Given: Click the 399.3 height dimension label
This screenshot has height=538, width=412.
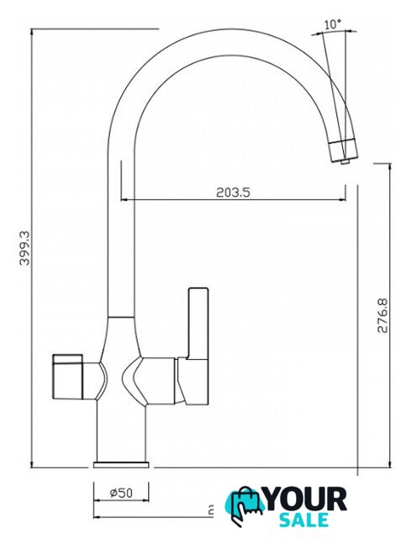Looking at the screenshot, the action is pos(24,248).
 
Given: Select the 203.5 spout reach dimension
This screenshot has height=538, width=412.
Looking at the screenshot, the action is pos(233,193).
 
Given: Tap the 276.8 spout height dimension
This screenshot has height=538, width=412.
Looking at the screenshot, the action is pos(383,316).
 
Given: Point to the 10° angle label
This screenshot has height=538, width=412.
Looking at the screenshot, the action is pos(332,24).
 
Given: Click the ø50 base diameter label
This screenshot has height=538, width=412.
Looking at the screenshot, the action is pos(121,493).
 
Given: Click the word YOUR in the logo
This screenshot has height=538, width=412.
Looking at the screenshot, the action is pos(306,499).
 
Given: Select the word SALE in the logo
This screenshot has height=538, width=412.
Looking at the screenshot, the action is pos(304,520).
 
